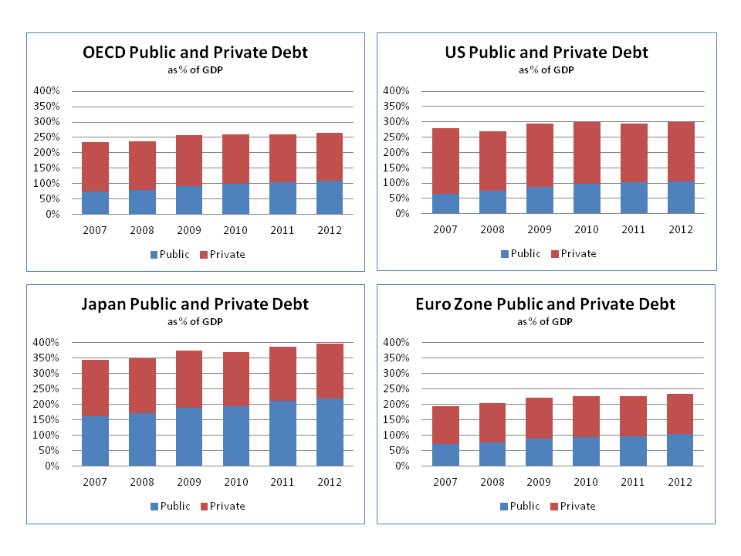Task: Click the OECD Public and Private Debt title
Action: pyautogui.click(x=195, y=53)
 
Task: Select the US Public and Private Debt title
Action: pyautogui.click(x=546, y=53)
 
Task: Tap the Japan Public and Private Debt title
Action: pyautogui.click(x=195, y=304)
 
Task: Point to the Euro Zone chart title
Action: pyautogui.click(x=545, y=304)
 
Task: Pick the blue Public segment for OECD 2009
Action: pyautogui.click(x=189, y=200)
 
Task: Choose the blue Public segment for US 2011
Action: pyautogui.click(x=633, y=198)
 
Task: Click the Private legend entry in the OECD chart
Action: pyautogui.click(x=222, y=254)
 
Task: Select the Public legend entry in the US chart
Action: pyautogui.click(x=520, y=254)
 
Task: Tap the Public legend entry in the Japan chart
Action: pyautogui.click(x=170, y=507)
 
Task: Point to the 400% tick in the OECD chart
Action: pyautogui.click(x=47, y=91)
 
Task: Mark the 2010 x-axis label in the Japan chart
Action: pyautogui.click(x=236, y=482)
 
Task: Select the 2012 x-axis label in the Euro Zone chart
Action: pyautogui.click(x=680, y=482)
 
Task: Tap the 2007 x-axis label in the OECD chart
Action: pyautogui.click(x=95, y=230)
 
